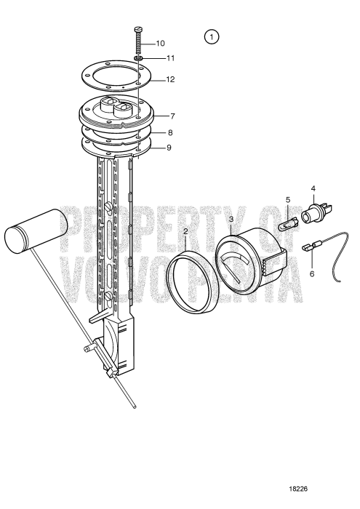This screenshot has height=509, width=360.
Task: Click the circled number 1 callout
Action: click(x=212, y=36)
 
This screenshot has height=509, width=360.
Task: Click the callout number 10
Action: click(x=161, y=44)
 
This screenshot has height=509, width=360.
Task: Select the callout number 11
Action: click(x=170, y=58)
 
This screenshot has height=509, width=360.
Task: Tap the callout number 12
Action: click(x=170, y=79)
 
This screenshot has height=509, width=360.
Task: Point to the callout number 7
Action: click(x=172, y=116)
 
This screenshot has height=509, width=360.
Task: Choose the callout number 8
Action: click(x=170, y=133)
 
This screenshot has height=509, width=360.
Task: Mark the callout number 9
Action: click(x=168, y=148)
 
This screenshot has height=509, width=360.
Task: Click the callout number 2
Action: click(x=186, y=231)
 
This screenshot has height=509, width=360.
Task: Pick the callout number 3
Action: click(x=231, y=219)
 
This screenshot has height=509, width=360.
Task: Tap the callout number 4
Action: click(x=314, y=190)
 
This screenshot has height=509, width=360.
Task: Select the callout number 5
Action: click(x=288, y=199)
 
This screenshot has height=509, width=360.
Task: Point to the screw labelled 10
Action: click(x=138, y=40)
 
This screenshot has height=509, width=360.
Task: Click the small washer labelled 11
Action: click(x=139, y=59)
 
